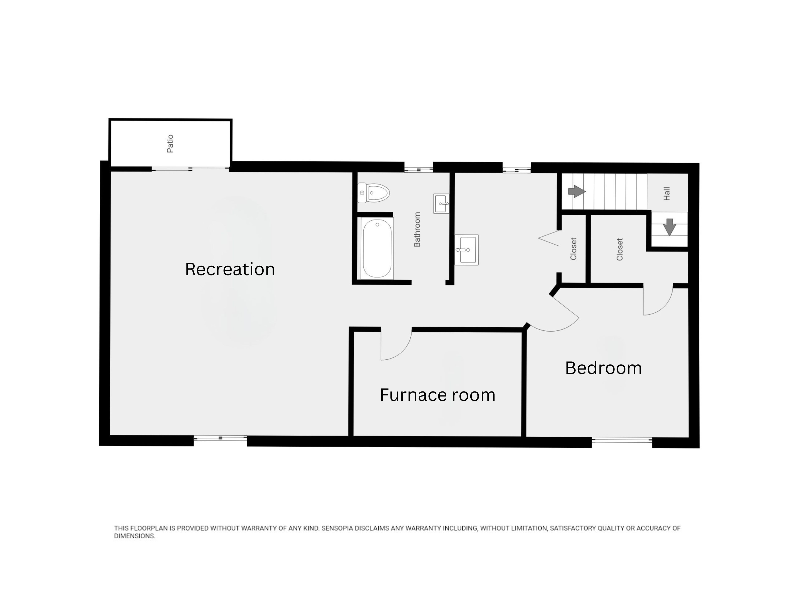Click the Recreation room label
pos(230,269)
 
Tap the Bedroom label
pos(603,368)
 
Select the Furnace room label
pos(437,395)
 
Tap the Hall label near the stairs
pos(666,194)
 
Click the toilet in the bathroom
pos(373,193)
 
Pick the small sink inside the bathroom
pos(441,204)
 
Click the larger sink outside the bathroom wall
pos(467,250)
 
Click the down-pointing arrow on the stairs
pos(669,227)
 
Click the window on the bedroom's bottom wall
pos(622,440)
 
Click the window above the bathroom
pos(419,169)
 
